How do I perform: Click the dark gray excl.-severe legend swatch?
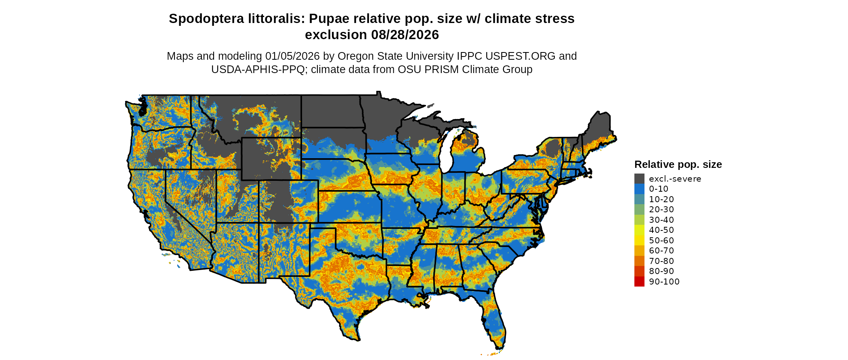[x=639, y=179]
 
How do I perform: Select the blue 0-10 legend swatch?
[x=639, y=189]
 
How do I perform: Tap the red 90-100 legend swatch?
[x=639, y=282]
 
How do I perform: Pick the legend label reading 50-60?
[x=661, y=241]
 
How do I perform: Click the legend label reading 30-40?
[x=661, y=220]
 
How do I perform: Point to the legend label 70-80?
[x=661, y=261]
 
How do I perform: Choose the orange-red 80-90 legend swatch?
[x=639, y=271]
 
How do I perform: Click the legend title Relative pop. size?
[x=678, y=165]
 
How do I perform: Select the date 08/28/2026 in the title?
[x=405, y=35]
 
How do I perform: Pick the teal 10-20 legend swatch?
[x=639, y=199]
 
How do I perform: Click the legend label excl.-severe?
[x=675, y=179]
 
